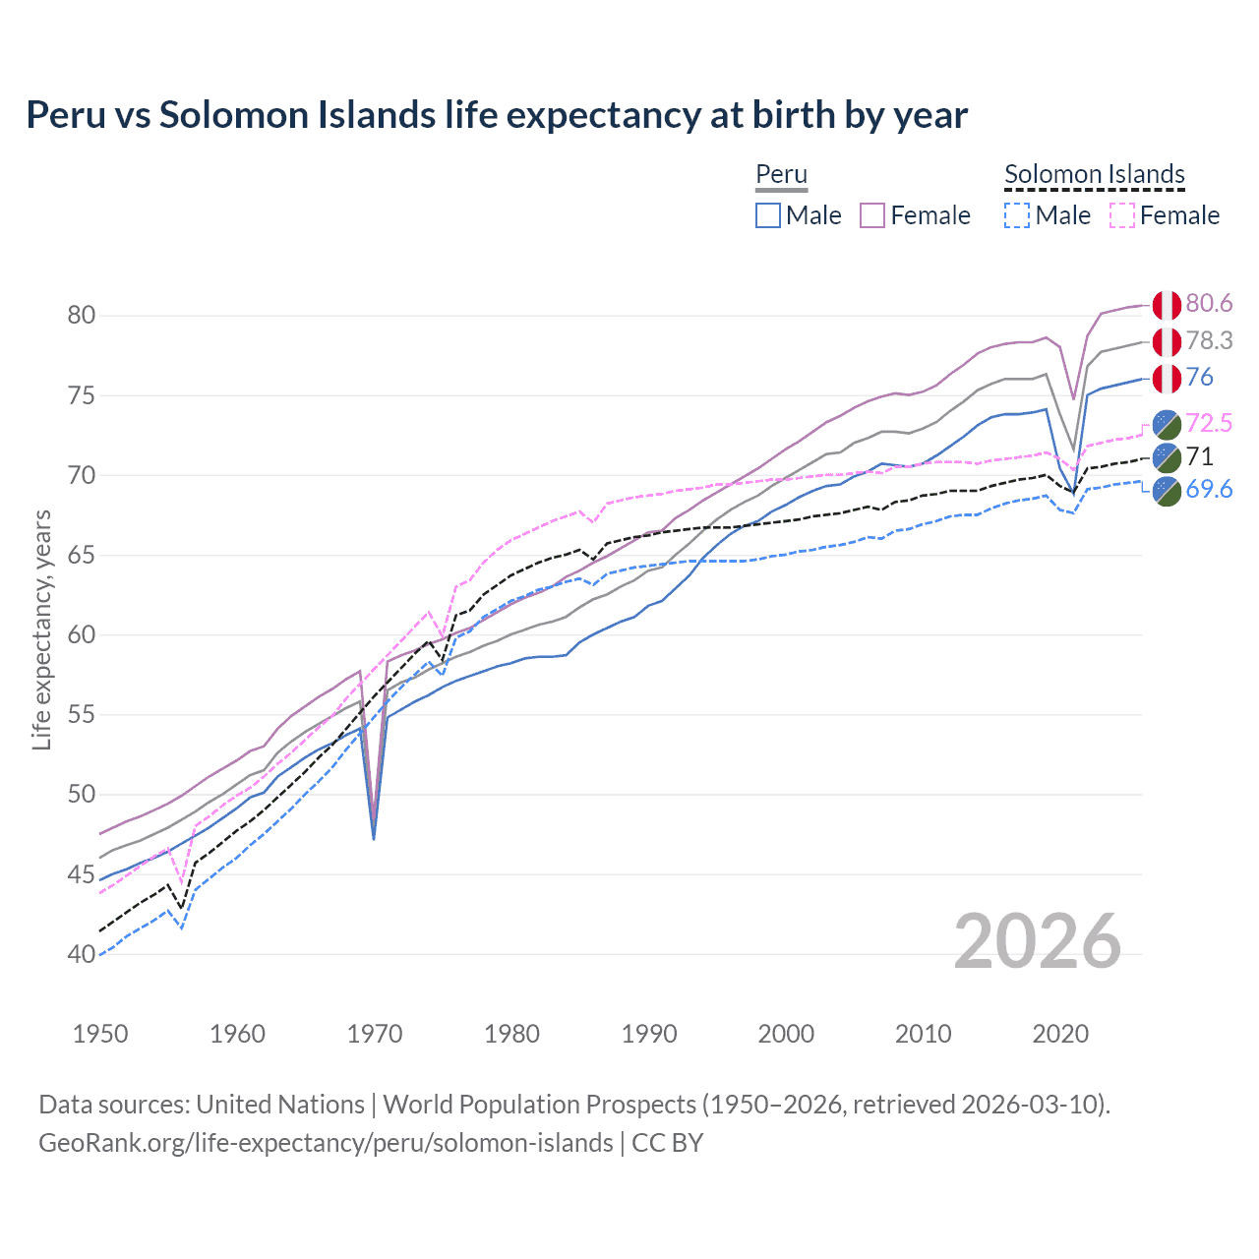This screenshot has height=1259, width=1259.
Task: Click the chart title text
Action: (497, 115)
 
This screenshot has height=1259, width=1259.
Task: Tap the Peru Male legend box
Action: (768, 215)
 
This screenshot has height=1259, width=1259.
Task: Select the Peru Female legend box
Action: (873, 215)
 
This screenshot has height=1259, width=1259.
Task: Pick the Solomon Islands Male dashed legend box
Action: (1017, 215)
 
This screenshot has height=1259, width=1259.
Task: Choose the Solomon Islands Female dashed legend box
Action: (1122, 215)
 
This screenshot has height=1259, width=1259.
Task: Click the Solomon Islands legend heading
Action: (1094, 174)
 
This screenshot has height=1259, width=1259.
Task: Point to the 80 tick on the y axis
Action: (82, 316)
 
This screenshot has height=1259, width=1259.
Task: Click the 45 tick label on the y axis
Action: (82, 874)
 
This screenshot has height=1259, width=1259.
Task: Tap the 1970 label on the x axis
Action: (375, 1034)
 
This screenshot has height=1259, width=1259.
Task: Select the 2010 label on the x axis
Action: (923, 1034)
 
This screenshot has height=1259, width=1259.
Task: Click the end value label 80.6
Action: (1209, 304)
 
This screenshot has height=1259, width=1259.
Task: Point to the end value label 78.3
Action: (1209, 340)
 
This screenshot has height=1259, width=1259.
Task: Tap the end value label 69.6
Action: (1209, 490)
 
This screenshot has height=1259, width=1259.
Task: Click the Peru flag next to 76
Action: (1167, 378)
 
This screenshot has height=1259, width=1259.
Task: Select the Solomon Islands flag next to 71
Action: (1167, 456)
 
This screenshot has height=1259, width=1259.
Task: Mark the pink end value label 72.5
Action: (1209, 423)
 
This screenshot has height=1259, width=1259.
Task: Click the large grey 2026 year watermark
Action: (1038, 941)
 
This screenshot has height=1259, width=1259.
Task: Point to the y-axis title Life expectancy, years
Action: (42, 629)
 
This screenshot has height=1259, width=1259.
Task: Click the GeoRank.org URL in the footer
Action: (326, 1143)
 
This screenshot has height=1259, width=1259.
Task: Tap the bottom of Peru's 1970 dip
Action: (374, 837)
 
